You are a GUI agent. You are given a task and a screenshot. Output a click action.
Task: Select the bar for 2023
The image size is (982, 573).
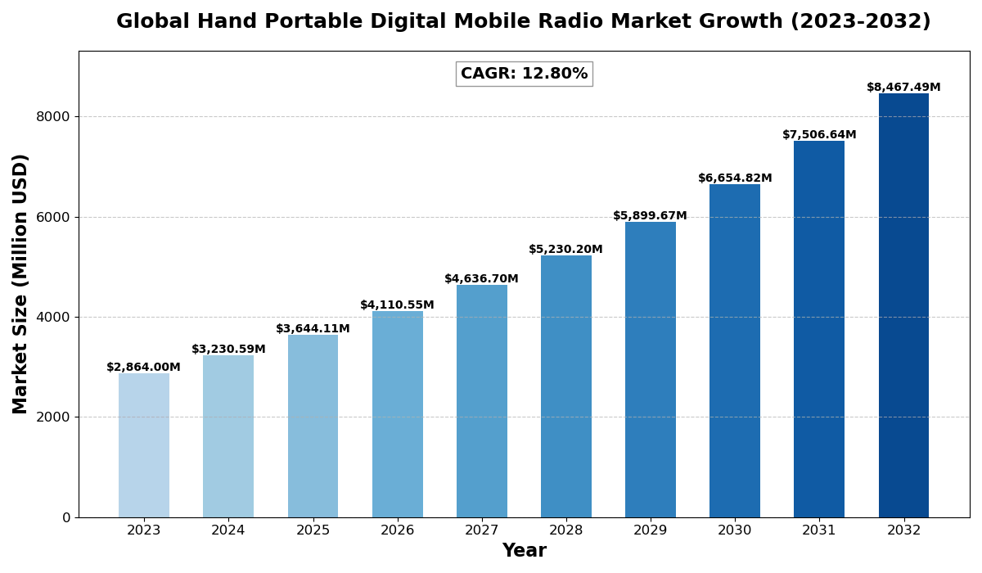[144, 445]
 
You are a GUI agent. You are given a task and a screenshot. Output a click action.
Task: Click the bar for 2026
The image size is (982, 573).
[398, 414]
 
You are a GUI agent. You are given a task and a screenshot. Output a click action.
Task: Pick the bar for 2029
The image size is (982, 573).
[651, 369]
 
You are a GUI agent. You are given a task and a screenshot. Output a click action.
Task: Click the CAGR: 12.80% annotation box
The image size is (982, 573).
[524, 74]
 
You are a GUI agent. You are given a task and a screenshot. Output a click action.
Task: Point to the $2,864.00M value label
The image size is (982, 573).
[144, 368]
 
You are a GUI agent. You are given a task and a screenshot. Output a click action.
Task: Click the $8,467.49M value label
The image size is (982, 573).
[903, 88]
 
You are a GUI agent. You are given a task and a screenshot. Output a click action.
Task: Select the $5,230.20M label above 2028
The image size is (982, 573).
[565, 250]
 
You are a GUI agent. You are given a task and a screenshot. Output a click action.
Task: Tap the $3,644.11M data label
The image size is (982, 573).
[313, 329]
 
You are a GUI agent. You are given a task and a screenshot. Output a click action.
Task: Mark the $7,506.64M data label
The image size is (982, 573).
[819, 135]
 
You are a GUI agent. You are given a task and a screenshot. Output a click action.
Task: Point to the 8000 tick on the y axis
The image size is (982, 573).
[53, 117]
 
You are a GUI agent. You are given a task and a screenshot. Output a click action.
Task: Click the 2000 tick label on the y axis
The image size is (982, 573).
[53, 417]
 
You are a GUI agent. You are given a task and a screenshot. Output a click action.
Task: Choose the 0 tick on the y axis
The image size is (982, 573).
[66, 517]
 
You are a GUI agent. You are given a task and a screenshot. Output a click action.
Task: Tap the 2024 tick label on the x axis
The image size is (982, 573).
[228, 530]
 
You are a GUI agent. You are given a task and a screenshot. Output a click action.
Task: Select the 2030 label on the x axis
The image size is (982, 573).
[735, 530]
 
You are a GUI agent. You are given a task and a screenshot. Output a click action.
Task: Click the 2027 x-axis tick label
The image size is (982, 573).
[482, 530]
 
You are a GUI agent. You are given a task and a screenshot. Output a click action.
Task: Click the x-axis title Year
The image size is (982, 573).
[524, 551]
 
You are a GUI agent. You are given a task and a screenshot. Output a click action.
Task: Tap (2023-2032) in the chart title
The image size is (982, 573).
[860, 22]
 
